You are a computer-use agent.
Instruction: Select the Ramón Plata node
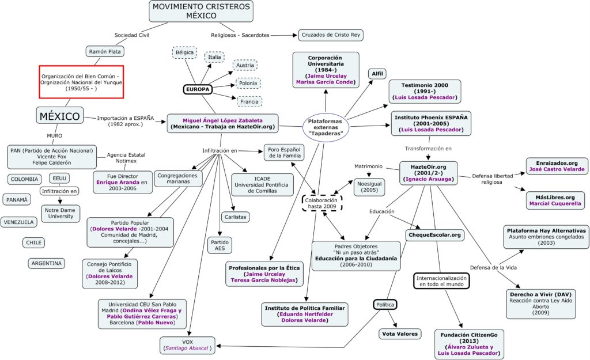click(x=105, y=52)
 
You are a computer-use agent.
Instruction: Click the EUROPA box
click(x=197, y=89)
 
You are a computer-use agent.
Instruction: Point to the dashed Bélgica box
click(x=184, y=52)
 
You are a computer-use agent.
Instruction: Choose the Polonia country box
click(x=248, y=83)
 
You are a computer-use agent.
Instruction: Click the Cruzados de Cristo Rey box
click(x=330, y=35)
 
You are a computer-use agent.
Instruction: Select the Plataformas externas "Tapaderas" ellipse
click(x=327, y=126)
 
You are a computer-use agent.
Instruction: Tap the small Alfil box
click(x=377, y=73)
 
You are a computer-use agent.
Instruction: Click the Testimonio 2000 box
click(x=425, y=91)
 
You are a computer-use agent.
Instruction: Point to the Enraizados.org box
click(x=557, y=166)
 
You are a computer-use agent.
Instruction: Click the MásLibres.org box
click(x=556, y=200)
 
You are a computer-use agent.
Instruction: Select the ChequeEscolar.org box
click(x=436, y=234)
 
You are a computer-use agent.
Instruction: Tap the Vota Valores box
click(x=396, y=334)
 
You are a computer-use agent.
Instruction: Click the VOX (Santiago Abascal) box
click(x=188, y=344)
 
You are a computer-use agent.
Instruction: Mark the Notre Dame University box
click(x=60, y=213)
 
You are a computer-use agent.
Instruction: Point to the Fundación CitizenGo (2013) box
click(x=467, y=343)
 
